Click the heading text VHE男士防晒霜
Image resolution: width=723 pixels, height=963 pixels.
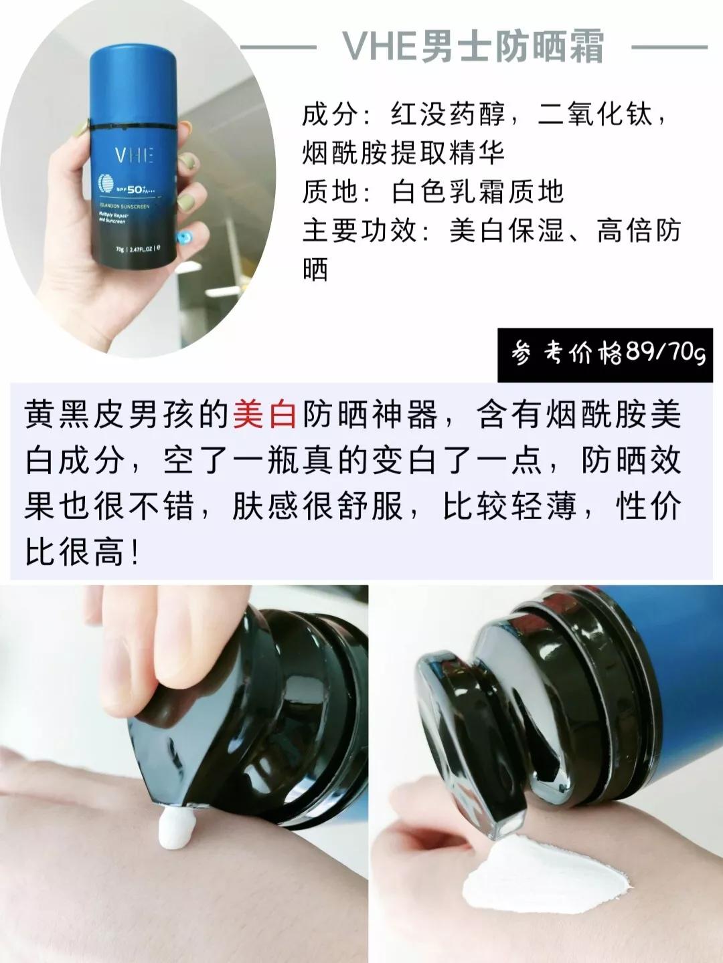473,47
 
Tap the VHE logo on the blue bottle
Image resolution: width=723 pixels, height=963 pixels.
134,155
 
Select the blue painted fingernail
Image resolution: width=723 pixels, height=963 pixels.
183,239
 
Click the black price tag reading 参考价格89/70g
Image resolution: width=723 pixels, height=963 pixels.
609,352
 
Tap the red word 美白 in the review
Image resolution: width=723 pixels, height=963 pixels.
265,414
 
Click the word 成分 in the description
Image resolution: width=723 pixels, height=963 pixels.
328,115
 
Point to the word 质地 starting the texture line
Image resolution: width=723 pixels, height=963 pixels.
328,193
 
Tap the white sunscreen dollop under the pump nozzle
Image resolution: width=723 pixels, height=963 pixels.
175,828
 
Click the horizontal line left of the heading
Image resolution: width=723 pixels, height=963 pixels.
278,47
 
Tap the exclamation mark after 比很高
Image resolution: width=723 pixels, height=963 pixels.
136,554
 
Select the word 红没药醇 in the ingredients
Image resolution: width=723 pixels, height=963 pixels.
447,115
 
